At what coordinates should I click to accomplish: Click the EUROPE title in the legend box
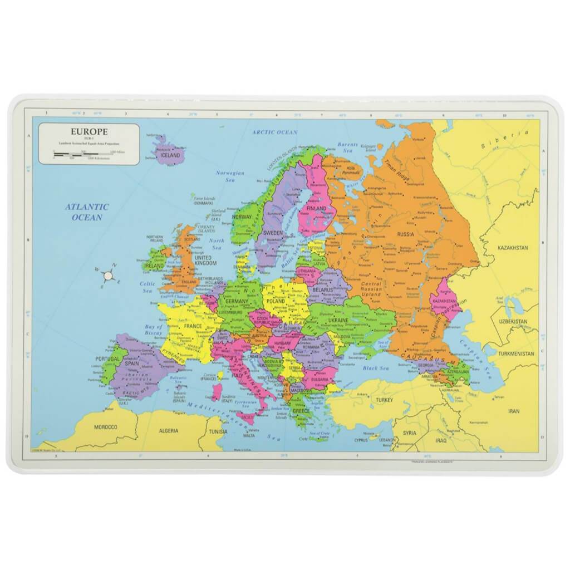90,131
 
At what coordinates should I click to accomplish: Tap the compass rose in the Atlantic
109,274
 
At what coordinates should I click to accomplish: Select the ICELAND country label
170,155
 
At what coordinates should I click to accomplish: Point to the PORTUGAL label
107,359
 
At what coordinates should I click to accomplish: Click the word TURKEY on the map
384,400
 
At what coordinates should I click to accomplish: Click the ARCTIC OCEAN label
274,132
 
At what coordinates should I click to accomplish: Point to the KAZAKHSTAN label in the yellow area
512,247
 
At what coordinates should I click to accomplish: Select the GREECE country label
301,411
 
